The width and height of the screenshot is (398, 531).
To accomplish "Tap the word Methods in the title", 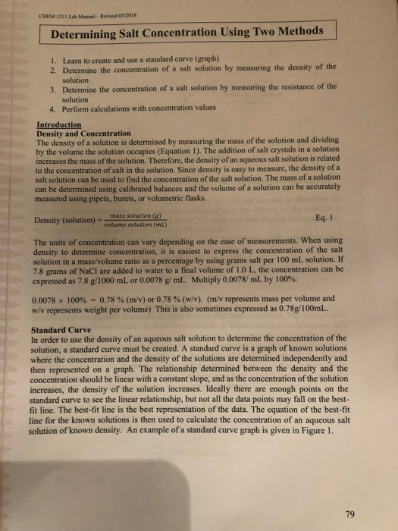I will click(295, 31).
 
